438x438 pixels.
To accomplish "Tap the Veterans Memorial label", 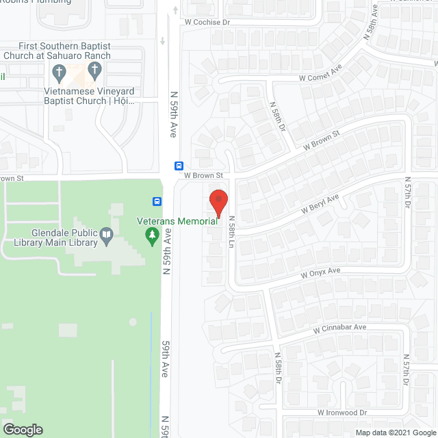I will coord(177,222).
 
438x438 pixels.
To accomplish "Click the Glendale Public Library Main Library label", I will coord(52,237).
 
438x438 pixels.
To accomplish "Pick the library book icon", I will coord(107,237).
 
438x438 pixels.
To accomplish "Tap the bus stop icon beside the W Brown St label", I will coord(179,166).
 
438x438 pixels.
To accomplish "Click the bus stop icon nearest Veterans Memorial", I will coord(157,201).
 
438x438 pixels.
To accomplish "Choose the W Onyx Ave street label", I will coord(320,272).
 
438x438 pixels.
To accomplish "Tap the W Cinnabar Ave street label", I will coord(340,328).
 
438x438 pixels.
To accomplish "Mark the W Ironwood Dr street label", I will coord(342,413).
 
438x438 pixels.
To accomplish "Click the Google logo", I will coord(23,430).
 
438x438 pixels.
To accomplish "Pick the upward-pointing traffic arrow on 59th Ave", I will coord(176,9).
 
